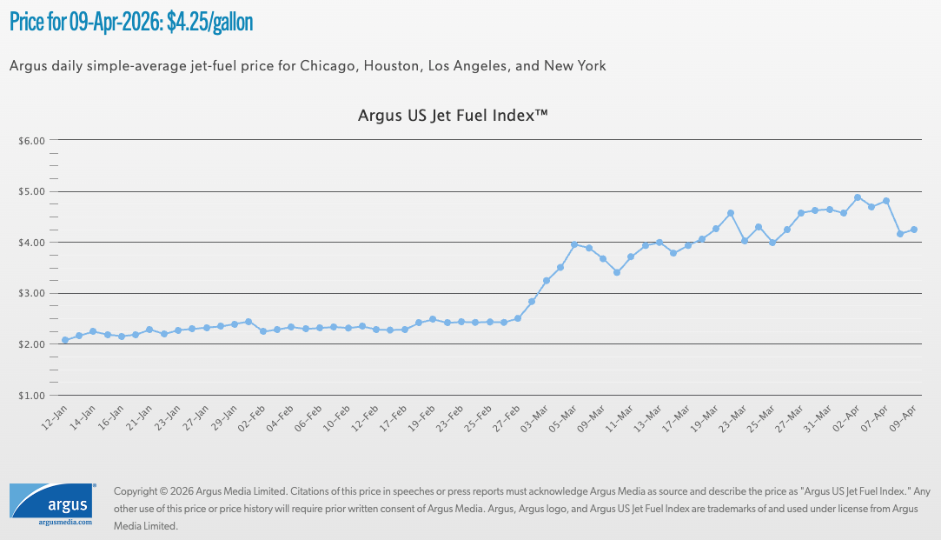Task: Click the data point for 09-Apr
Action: tap(914, 230)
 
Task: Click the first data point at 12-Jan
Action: tap(65, 340)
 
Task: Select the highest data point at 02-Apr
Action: tap(858, 197)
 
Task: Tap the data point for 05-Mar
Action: tap(574, 244)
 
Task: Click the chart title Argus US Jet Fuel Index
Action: tap(453, 115)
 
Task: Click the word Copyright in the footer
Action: tap(140, 491)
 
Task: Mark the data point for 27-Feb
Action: tap(518, 318)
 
